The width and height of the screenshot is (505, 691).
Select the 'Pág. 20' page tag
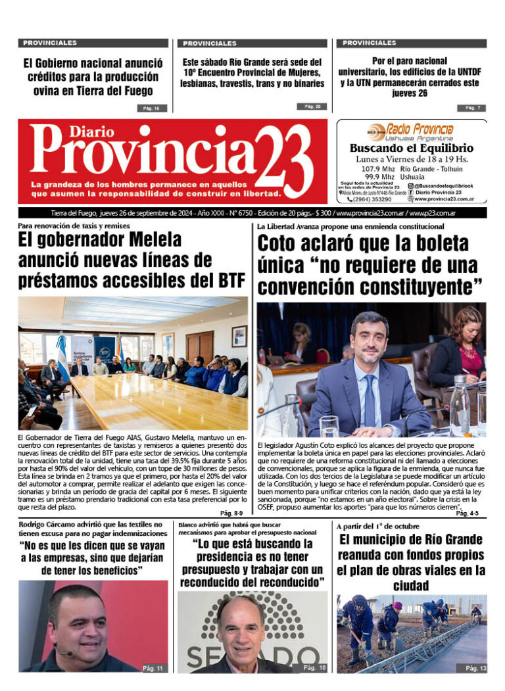[312, 107]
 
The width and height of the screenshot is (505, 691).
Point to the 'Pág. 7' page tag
[472, 108]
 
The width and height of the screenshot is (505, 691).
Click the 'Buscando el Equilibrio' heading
[411, 149]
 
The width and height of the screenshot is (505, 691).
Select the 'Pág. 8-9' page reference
[231, 513]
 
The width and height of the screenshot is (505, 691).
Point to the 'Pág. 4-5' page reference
[467, 513]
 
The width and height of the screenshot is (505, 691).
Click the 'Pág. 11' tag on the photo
[152, 668]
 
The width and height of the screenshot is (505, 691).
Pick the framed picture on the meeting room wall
[239, 335]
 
